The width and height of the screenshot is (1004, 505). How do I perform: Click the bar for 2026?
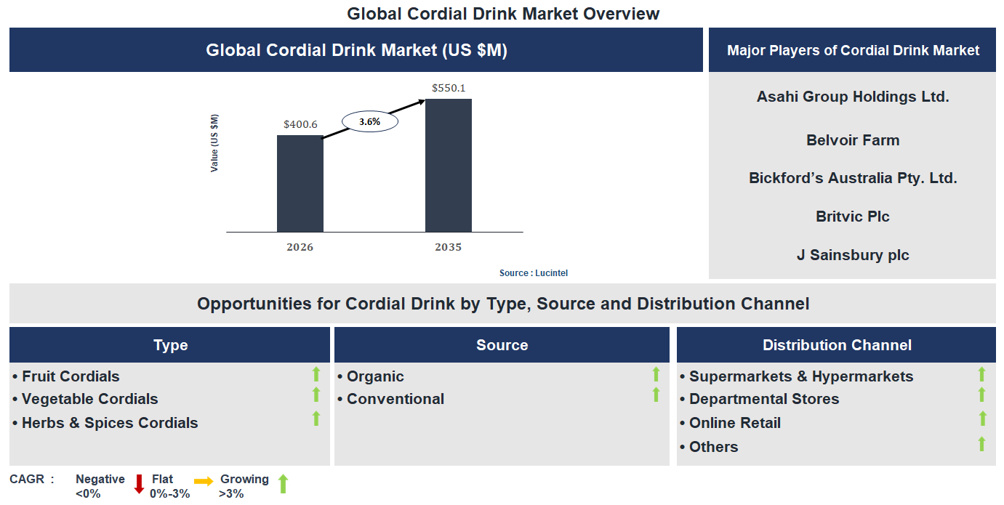(300, 183)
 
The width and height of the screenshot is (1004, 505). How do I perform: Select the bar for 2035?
(448, 165)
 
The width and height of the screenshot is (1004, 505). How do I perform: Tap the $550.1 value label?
(448, 88)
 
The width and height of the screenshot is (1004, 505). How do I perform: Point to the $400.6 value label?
(300, 124)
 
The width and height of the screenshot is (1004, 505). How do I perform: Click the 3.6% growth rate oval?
(369, 121)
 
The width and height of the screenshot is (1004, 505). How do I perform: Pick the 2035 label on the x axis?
(448, 247)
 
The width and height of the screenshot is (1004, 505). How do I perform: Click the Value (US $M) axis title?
(214, 143)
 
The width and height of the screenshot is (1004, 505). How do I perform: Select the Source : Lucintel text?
(533, 273)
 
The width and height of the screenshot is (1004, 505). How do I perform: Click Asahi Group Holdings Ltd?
(852, 97)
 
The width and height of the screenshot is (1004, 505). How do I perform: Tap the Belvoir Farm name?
(852, 140)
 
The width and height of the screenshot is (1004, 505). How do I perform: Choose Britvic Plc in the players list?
(852, 217)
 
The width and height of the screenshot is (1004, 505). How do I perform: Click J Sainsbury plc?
(852, 255)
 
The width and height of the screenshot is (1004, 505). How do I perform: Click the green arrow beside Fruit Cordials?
(316, 375)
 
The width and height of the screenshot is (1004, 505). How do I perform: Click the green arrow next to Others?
(981, 444)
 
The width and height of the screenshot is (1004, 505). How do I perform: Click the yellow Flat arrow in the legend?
(204, 481)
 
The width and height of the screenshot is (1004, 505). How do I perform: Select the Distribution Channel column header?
(836, 345)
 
